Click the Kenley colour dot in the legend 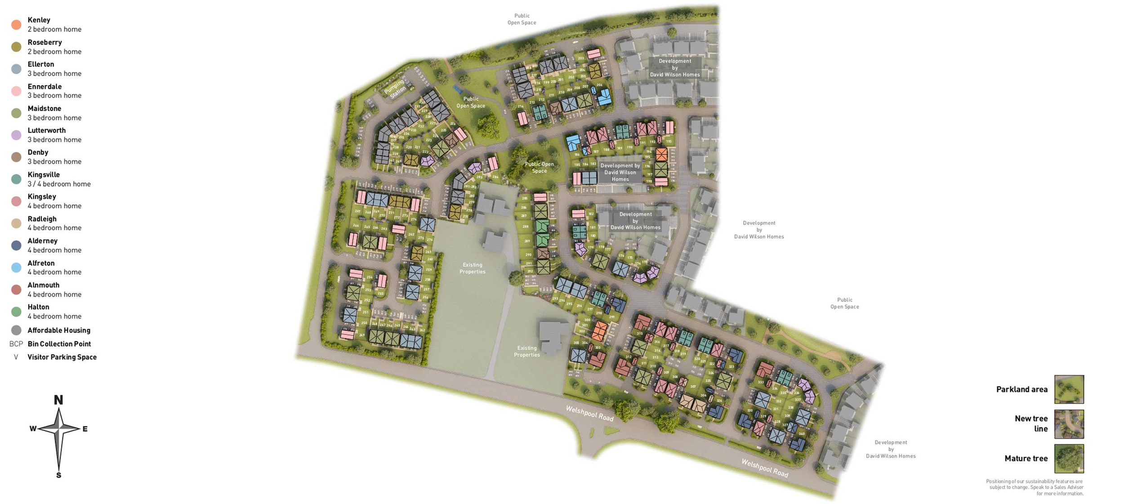(16, 25)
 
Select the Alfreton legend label (41, 263)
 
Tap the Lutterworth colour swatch (16, 135)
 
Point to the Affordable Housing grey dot (16, 330)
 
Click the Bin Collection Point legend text (59, 344)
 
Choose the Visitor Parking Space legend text (62, 357)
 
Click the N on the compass (58, 400)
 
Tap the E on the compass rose (85, 429)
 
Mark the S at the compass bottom (58, 475)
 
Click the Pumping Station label (395, 89)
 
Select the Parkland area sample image (1069, 389)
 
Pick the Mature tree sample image (1069, 459)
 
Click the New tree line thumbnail (1069, 424)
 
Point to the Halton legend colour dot (16, 312)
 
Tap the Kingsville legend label (44, 174)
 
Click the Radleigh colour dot (16, 223)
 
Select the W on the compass (33, 429)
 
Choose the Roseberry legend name (45, 42)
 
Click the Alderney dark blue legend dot (16, 245)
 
